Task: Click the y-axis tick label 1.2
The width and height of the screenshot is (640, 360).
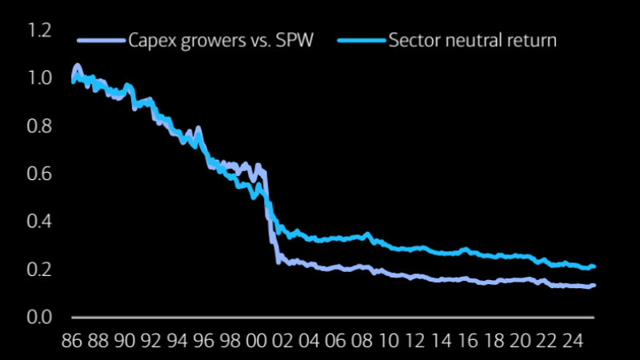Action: pos(39,31)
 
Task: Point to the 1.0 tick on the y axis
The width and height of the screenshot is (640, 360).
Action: pos(39,78)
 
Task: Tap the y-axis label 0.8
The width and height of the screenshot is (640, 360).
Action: pos(39,126)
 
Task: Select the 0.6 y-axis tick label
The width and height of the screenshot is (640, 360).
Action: pos(39,174)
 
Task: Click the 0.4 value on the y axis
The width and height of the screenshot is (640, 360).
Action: pos(39,222)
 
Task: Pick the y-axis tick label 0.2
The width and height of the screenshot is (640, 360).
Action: pos(39,270)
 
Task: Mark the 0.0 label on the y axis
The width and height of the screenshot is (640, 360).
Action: pos(39,317)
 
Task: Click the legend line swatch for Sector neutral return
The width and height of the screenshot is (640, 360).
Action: pos(361,40)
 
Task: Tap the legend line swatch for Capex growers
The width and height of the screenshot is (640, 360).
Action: pos(102,40)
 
